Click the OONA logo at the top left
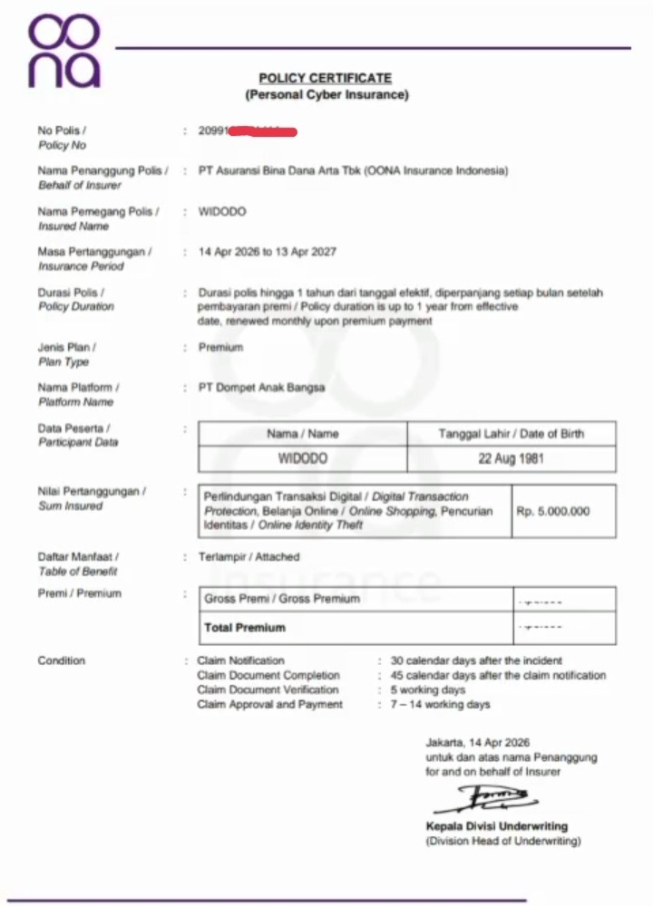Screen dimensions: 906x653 (63, 51)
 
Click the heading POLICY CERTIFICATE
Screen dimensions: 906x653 (326, 79)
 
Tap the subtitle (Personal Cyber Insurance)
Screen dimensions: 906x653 (326, 94)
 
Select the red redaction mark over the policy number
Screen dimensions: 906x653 (264, 132)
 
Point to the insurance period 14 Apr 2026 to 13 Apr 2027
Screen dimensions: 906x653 (267, 252)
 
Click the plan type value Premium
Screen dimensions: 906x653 (220, 347)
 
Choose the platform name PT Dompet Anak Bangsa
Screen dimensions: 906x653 (261, 388)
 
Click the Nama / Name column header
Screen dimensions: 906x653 (303, 434)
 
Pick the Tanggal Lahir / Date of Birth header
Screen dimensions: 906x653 (512, 434)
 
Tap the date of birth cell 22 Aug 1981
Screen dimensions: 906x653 (512, 458)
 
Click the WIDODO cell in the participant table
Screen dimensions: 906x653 (303, 458)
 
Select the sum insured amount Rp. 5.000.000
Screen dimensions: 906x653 (553, 511)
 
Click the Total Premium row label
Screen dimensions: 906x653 (245, 627)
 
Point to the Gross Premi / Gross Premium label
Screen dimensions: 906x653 (282, 599)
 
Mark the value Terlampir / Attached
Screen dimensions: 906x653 (249, 557)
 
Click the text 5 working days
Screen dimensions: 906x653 (428, 689)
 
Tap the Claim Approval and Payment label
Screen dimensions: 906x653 (270, 704)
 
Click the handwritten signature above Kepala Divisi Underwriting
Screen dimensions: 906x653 (486, 799)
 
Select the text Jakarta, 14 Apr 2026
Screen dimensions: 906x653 (478, 742)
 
